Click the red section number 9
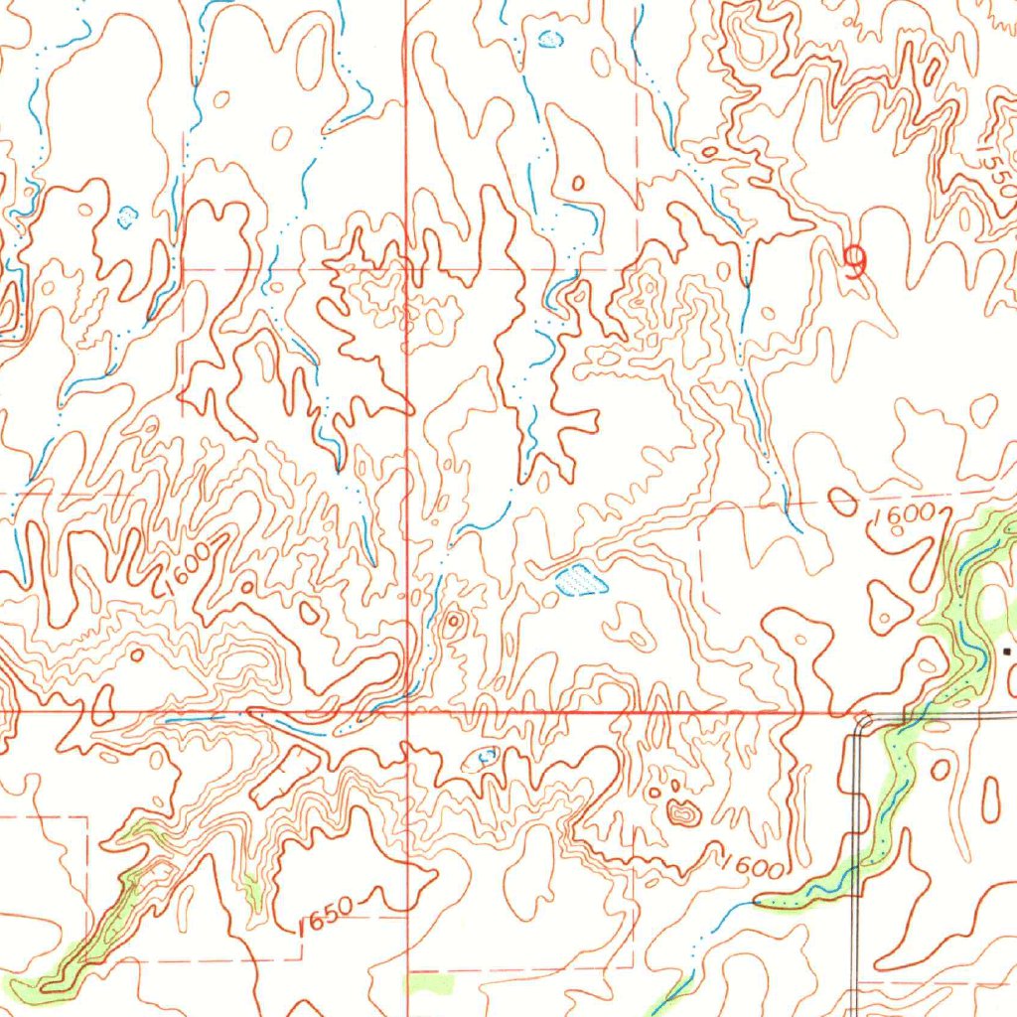854,261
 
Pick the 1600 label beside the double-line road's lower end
753,866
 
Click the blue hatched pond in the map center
581,580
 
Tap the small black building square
1007,652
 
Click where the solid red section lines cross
407,711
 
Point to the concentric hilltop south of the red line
683,813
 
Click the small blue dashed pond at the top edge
549,39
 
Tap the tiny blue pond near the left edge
127,216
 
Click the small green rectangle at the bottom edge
431,983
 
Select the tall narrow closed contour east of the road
990,799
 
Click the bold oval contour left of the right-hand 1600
842,502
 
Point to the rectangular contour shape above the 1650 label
287,776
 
